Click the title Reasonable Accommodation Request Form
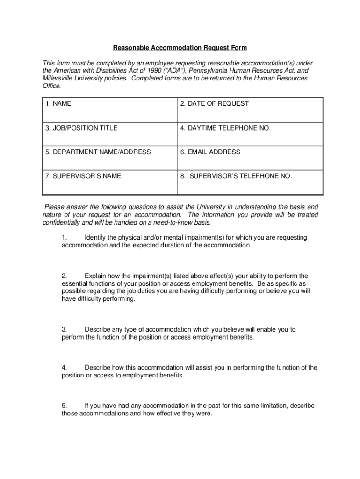pos(180,48)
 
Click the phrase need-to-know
pos(173,222)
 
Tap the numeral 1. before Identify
pos(65,238)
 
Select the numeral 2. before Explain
pos(65,276)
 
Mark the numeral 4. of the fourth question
pos(65,368)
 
